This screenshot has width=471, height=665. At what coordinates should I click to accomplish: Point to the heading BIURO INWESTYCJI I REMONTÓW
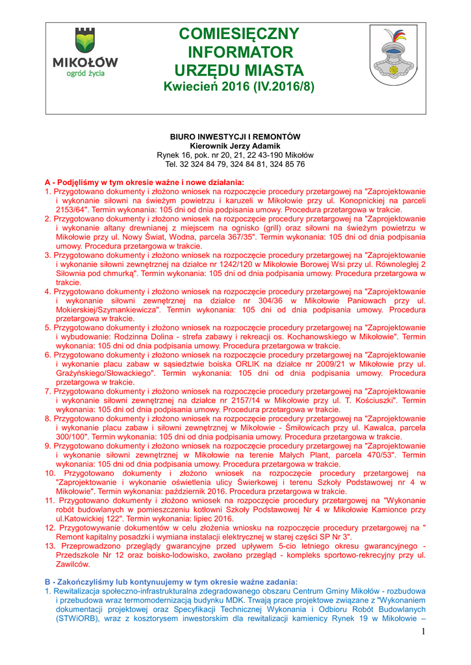coord(235,137)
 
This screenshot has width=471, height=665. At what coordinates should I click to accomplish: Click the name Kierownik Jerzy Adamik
coord(235,146)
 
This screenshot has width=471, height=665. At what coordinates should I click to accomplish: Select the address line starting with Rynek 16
coord(235,155)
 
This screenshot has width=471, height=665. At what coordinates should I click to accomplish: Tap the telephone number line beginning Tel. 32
coord(235,164)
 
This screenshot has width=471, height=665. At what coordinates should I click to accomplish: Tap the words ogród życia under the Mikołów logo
coord(84,74)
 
